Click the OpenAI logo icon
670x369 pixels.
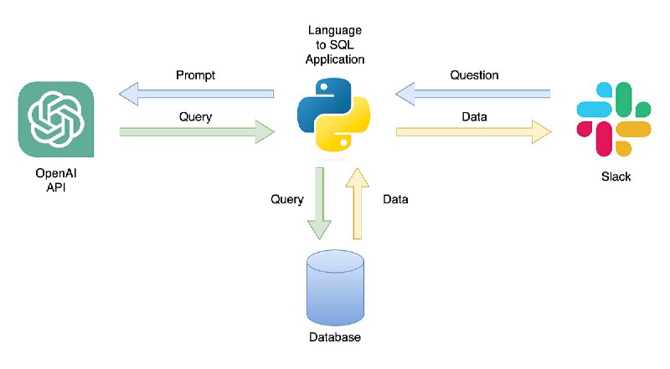tap(56, 119)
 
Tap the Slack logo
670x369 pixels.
tap(614, 119)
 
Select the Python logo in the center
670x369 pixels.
tap(333, 115)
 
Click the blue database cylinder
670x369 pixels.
tap(336, 288)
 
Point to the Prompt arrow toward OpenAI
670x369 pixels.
tap(196, 94)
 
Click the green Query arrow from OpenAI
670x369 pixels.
tap(197, 132)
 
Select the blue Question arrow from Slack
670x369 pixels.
tap(473, 94)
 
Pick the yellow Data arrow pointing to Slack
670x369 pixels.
tap(474, 132)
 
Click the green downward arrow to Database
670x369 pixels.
tap(319, 203)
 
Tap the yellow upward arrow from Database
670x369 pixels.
tap(358, 203)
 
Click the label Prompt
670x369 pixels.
tap(196, 75)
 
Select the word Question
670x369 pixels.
tap(474, 75)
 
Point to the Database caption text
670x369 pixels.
tap(335, 337)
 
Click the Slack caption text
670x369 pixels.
tap(616, 177)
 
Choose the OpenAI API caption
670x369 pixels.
tap(56, 180)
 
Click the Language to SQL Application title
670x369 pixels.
tap(335, 45)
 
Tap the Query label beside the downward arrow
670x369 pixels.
tap(287, 199)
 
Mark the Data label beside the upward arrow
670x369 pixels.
tap(395, 199)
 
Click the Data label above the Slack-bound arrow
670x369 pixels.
tap(474, 116)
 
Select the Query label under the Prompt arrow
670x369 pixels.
tap(195, 117)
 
